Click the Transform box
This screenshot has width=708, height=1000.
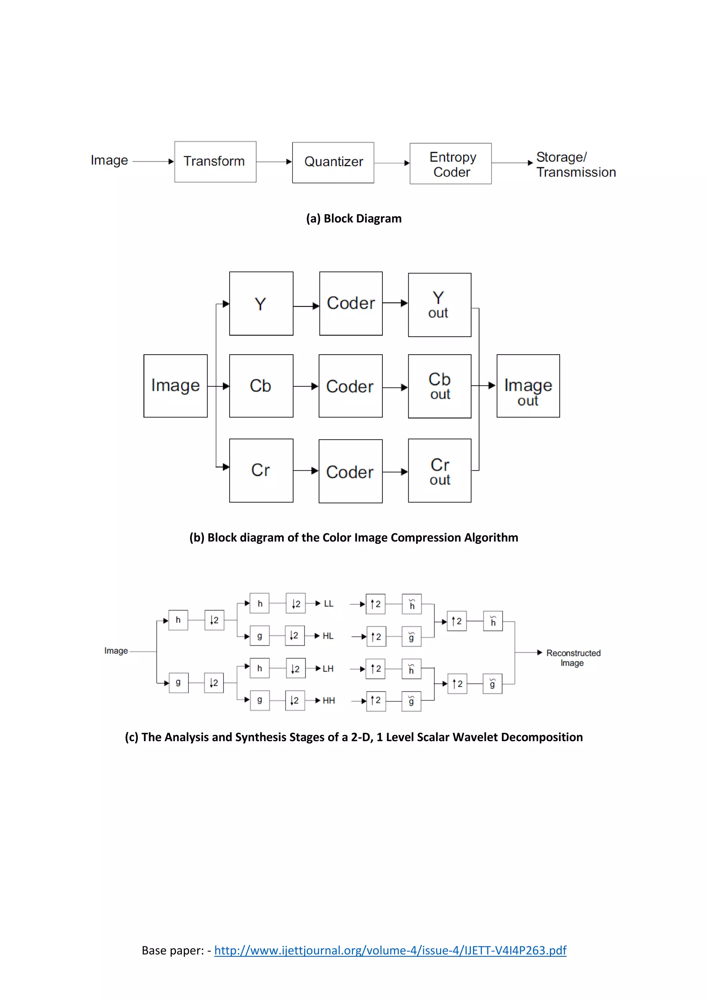pos(215,162)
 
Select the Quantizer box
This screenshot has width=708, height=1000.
pos(333,162)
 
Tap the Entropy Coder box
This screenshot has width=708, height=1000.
pos(450,164)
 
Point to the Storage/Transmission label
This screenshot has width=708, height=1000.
pos(576,165)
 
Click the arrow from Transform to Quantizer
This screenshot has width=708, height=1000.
pos(274,162)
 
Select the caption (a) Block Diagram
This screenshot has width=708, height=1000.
pos(354,219)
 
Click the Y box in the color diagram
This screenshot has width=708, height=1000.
pos(261,304)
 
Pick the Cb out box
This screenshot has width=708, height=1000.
pos(439,386)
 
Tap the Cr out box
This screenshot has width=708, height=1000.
pos(439,471)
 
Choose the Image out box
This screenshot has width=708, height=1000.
pos(528,386)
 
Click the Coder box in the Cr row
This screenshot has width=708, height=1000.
pos(351,471)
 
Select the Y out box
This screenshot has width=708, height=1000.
pos(439,305)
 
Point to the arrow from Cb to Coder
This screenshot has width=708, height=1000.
pos(305,386)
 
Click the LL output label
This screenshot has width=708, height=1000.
pos(329,604)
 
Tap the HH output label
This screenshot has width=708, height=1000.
pos(329,700)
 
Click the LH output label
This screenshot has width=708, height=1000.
pos(328,669)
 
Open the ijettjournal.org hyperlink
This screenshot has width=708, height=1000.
pos(390,950)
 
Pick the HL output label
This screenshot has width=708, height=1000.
pos(328,636)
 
